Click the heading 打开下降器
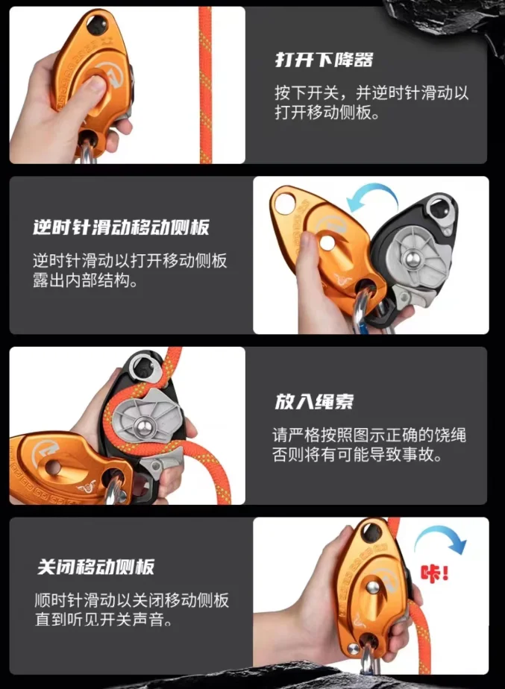pyautogui.click(x=323, y=60)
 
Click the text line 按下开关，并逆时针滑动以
pyautogui.click(x=371, y=94)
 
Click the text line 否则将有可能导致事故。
pyautogui.click(x=357, y=455)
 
